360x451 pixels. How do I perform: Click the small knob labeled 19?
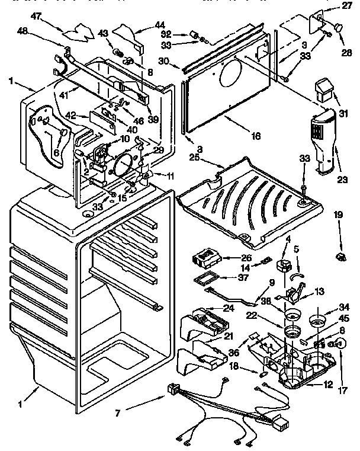pyautogui.click(x=340, y=256)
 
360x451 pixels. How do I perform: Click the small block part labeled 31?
pyautogui.click(x=324, y=91)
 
